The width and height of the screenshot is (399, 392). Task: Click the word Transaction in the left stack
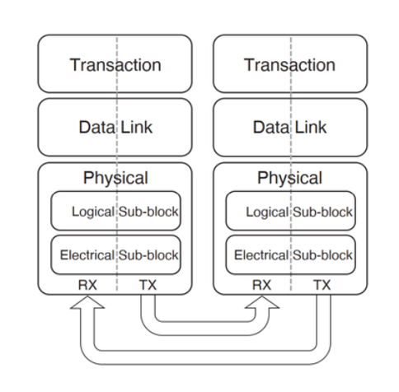click(x=115, y=65)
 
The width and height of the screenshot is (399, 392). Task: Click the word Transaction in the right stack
click(x=289, y=65)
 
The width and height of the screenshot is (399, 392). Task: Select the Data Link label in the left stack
click(x=115, y=127)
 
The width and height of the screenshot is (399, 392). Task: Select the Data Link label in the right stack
click(x=289, y=127)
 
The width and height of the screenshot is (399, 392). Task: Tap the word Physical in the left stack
click(x=115, y=179)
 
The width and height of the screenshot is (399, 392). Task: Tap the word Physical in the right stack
click(x=289, y=179)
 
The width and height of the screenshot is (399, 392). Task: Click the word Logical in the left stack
click(x=93, y=212)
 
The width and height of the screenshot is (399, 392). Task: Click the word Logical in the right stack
click(x=267, y=212)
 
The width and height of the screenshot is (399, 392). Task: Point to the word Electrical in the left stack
click(x=87, y=255)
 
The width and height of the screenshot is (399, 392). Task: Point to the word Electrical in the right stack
click(x=261, y=255)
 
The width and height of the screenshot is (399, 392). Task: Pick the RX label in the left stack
click(x=87, y=285)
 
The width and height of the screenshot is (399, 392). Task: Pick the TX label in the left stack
click(x=148, y=285)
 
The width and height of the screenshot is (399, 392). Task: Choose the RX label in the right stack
click(x=261, y=285)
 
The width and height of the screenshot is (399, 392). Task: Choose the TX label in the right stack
click(x=322, y=285)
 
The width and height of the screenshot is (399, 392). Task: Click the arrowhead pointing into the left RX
click(x=87, y=302)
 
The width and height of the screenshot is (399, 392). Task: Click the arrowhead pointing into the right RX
click(x=262, y=302)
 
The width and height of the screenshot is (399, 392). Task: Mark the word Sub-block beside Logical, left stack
click(x=148, y=212)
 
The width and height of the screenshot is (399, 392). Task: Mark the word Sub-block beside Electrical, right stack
click(x=322, y=255)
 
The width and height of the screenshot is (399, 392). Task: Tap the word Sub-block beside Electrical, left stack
click(x=148, y=255)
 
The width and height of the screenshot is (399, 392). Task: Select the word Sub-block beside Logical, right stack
click(x=322, y=212)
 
